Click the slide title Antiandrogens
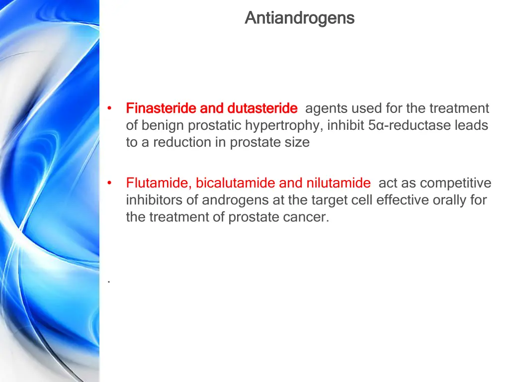click(299, 18)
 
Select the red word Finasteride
click(162, 108)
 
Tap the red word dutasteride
click(262, 108)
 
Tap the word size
click(298, 142)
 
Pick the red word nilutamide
click(338, 183)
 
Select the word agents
click(326, 108)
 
